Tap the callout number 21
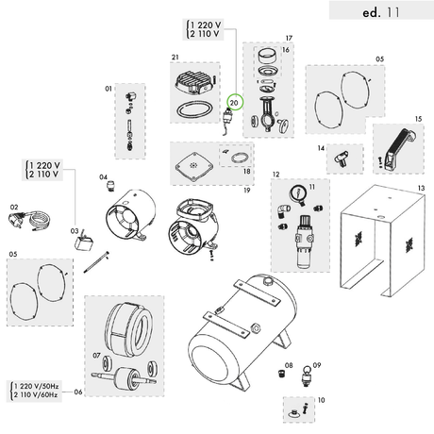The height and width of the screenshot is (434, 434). click(x=175, y=58)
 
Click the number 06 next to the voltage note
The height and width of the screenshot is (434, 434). click(x=78, y=392)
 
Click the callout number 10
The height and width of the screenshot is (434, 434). click(x=321, y=400)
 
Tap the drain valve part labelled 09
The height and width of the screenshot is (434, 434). click(x=305, y=382)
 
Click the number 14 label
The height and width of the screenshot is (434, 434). click(x=320, y=148)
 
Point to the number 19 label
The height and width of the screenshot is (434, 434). click(x=244, y=190)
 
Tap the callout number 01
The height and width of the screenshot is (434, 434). click(x=108, y=89)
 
